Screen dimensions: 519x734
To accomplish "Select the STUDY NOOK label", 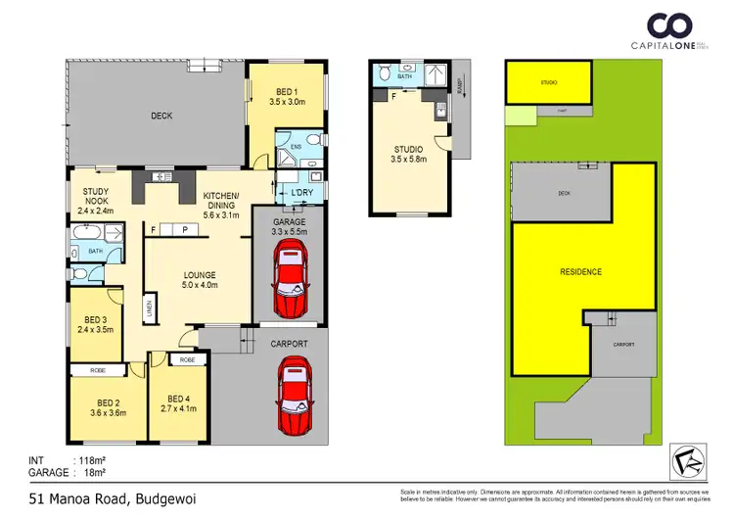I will [x=96, y=200].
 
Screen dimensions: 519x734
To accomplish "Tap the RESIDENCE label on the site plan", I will [x=580, y=271].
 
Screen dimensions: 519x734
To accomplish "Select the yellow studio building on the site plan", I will [x=549, y=82].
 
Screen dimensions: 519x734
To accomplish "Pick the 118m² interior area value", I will [x=89, y=459].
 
